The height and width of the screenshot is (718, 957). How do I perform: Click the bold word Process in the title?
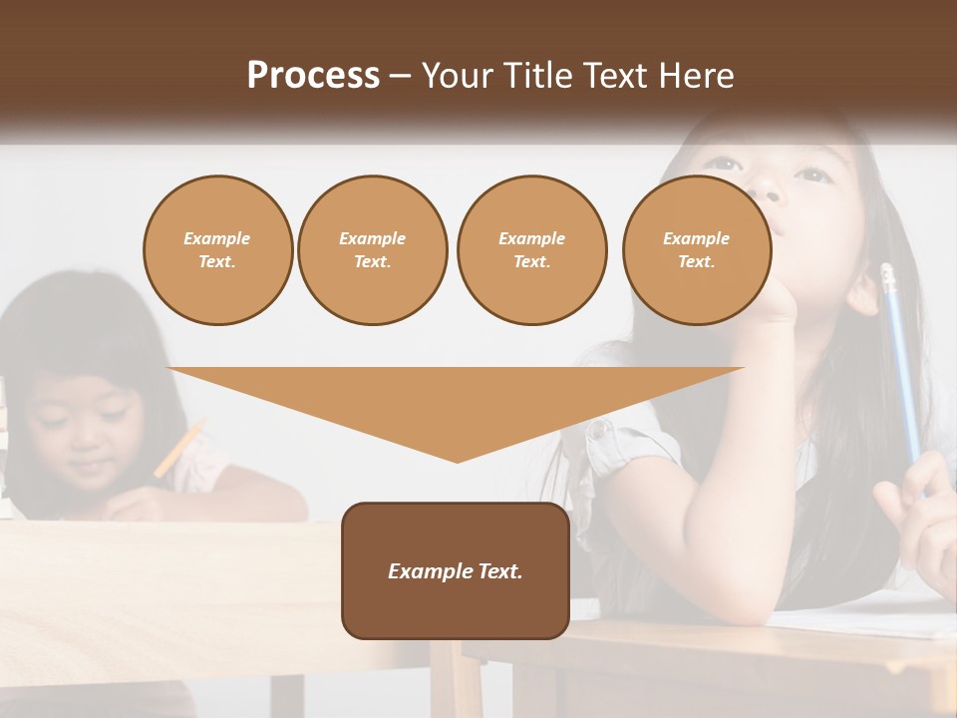coord(313,75)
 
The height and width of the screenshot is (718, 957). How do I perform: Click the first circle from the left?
coord(217,250)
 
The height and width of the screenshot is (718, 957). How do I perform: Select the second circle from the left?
coord(372,250)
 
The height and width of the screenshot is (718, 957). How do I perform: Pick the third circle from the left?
coord(531,250)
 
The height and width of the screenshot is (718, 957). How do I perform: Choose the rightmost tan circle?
coord(696,250)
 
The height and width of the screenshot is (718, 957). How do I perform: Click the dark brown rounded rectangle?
coord(456,570)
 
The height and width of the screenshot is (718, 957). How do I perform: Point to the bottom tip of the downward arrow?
coord(457,460)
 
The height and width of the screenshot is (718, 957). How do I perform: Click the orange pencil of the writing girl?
coord(178,449)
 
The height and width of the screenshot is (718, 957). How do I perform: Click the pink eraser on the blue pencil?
coord(886,272)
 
